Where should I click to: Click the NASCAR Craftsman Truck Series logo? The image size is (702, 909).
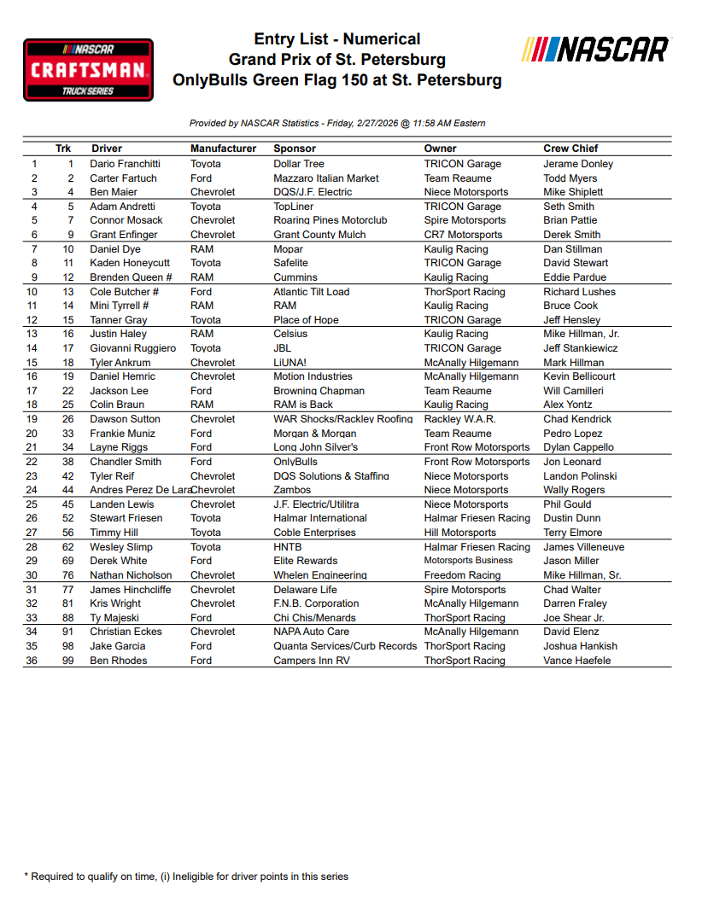click(88, 69)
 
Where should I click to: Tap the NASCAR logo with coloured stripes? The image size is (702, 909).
click(595, 49)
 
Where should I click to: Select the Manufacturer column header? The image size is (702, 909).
click(223, 149)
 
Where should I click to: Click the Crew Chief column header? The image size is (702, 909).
click(570, 149)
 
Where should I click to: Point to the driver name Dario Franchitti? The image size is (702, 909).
click(126, 164)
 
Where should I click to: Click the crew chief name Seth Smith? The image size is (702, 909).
click(569, 207)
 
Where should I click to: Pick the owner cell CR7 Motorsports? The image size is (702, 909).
click(463, 235)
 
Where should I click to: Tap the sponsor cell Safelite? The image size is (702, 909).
click(290, 263)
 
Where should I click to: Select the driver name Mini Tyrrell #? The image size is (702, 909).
click(120, 306)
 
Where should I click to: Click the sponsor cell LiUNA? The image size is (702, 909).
click(290, 363)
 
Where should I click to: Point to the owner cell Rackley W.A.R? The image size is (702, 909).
click(459, 419)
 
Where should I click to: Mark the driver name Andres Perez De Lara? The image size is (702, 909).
click(140, 490)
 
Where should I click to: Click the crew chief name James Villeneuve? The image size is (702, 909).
click(583, 547)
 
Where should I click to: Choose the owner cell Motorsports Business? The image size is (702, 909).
click(468, 561)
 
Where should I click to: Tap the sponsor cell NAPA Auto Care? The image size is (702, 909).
click(311, 632)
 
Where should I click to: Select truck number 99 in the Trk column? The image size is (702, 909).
click(68, 661)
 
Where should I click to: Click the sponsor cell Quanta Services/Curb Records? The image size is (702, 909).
click(345, 646)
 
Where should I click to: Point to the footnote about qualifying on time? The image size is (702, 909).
click(186, 877)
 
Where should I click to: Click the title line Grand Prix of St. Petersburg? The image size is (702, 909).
click(337, 60)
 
